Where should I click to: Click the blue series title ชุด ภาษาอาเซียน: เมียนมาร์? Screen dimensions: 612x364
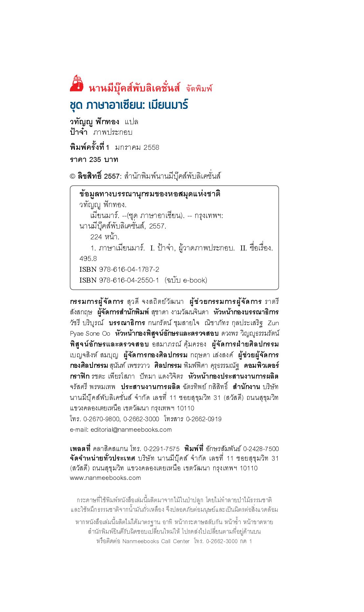(x=129, y=105)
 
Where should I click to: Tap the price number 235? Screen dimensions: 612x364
(x=95, y=160)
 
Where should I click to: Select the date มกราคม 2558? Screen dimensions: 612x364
(x=137, y=148)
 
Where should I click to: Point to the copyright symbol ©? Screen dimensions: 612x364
(x=73, y=176)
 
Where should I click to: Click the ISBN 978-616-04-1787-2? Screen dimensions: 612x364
(x=129, y=269)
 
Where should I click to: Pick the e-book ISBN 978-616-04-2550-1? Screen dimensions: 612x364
(x=129, y=280)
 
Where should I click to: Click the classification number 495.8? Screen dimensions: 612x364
(x=88, y=259)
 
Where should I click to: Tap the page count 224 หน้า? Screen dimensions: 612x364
(x=105, y=237)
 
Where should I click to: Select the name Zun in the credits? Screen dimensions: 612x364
(x=273, y=323)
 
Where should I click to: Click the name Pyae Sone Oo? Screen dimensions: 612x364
(x=90, y=334)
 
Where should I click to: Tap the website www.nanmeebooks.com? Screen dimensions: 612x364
(x=105, y=478)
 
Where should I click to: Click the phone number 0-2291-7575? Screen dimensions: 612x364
(x=161, y=449)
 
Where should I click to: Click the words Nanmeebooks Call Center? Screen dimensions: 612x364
(x=156, y=541)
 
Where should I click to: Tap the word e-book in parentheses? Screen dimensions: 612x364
(x=195, y=280)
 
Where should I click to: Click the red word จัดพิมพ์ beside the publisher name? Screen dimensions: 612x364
(x=199, y=89)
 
